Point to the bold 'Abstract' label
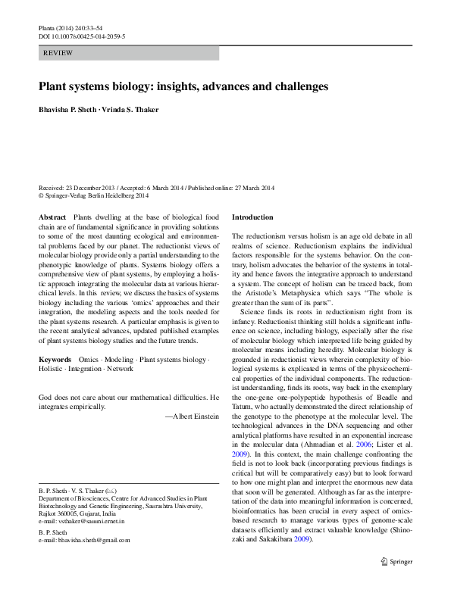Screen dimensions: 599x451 point(52,217)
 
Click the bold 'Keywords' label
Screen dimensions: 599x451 point(54,358)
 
